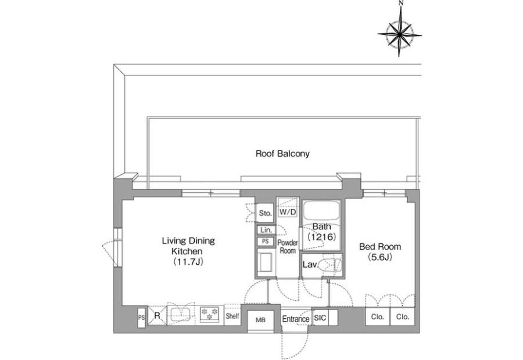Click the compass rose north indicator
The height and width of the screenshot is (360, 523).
pos(399,34)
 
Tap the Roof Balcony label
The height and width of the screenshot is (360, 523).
pos(282,154)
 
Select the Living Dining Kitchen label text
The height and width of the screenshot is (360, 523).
pos(188,246)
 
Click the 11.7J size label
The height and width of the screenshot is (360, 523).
pos(188,262)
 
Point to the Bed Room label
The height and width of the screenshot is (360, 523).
pos(380,247)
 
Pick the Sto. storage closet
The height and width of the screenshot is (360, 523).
pos(266,213)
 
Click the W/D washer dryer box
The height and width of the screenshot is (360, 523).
pos(288,212)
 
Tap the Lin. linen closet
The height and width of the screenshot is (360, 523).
pos(266,230)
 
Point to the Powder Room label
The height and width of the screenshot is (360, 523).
pos(288,247)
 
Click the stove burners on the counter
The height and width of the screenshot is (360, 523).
pos(209,314)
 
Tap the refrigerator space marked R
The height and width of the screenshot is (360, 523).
pos(157,315)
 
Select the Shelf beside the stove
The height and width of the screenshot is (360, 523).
pos(232,315)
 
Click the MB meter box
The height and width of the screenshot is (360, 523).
pos(260,321)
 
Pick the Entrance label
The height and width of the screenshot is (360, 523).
pos(296,319)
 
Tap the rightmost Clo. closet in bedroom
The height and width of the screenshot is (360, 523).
pos(403,316)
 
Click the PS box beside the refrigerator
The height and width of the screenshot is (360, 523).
pos(141,318)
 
